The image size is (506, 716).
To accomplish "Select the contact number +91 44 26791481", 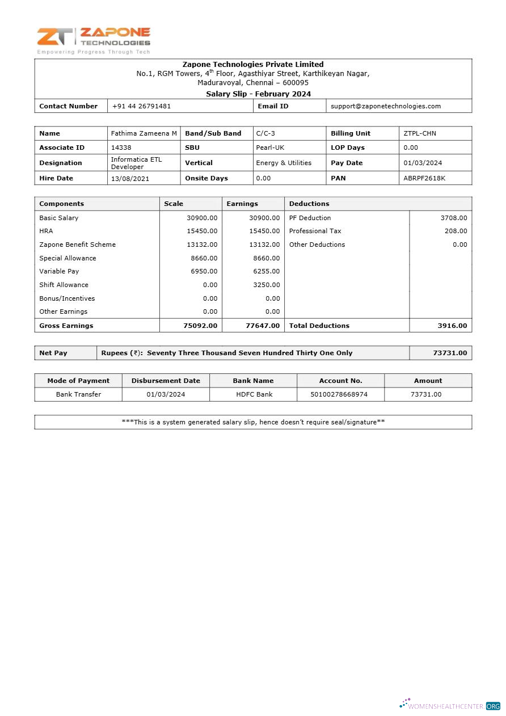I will click(x=141, y=106).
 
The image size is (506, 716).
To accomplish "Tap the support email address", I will click(x=386, y=106).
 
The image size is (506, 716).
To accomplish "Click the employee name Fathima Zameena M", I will click(x=144, y=133).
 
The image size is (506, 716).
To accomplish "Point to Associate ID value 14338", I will click(x=121, y=148).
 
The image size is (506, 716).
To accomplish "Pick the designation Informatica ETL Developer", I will click(x=136, y=163).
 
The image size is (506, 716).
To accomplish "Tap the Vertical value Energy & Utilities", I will click(x=284, y=163).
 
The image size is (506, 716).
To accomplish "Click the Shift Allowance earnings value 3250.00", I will click(x=266, y=285).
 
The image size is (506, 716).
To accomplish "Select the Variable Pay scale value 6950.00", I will click(x=204, y=271).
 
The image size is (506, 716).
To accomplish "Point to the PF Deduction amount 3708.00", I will click(x=453, y=218).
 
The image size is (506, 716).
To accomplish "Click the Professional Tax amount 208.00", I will click(x=456, y=231).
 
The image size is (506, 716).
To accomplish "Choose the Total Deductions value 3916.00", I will click(x=452, y=326).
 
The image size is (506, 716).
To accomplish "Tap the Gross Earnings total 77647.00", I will click(x=263, y=326).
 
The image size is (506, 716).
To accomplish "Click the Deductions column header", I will click(x=309, y=204).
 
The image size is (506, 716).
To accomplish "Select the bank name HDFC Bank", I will click(x=254, y=394).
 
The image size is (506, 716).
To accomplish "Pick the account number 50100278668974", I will click(x=340, y=394).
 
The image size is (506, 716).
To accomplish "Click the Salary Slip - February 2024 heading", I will click(x=258, y=94).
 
